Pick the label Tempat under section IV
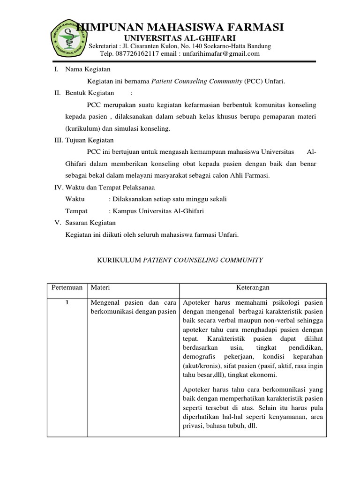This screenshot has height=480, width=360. pos(76,211)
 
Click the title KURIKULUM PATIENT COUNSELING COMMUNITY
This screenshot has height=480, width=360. pos(180,260)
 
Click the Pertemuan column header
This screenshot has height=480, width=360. pos(67,287)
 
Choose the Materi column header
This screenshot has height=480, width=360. pos(100,287)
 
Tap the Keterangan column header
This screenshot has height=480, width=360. pos(253,287)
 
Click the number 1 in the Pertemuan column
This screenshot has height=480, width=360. pos(67,302)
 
